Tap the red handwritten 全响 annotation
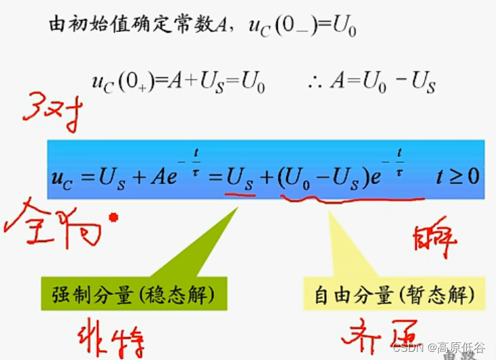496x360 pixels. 58,224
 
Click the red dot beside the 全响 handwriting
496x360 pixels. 113,217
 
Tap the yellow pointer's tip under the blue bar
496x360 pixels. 329,211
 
